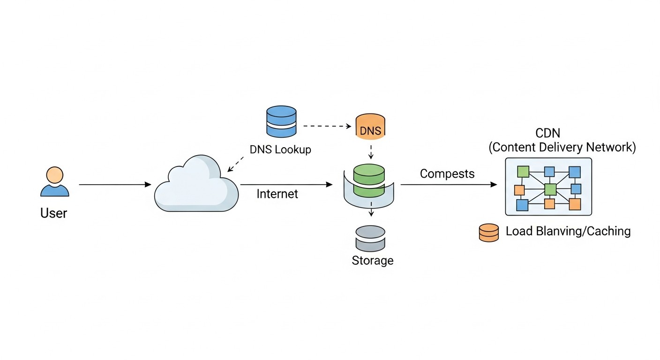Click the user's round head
pyautogui.click(x=55, y=175)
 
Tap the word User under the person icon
pyautogui.click(x=53, y=214)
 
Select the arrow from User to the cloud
pyautogui.click(x=115, y=185)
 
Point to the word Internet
pyautogui.click(x=277, y=194)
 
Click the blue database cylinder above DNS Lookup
pyautogui.click(x=281, y=121)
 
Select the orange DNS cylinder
pyautogui.click(x=371, y=126)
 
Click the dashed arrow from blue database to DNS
pyautogui.click(x=327, y=126)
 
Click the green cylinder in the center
pyautogui.click(x=369, y=180)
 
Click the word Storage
pyautogui.click(x=373, y=261)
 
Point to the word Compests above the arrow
pyautogui.click(x=447, y=174)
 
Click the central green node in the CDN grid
pyautogui.click(x=550, y=189)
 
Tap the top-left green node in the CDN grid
pyautogui.click(x=523, y=172)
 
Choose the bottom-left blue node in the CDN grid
pyautogui.click(x=522, y=205)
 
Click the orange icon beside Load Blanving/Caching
pyautogui.click(x=489, y=232)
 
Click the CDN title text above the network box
pyautogui.click(x=548, y=134)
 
